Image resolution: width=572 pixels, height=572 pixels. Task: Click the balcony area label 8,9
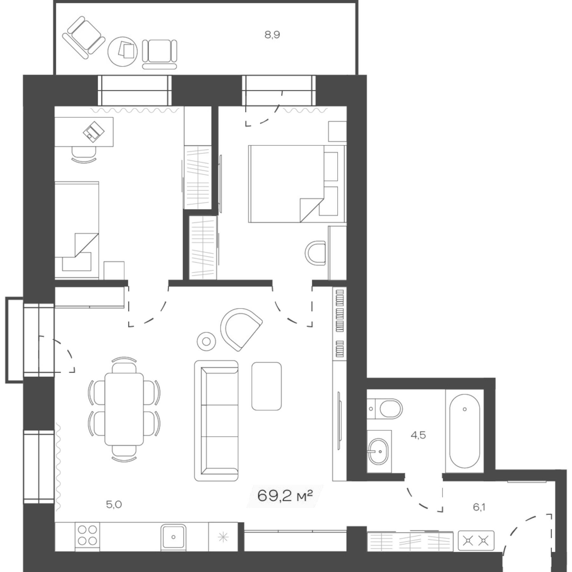[x=272, y=34]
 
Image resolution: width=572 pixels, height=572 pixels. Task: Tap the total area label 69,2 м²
[x=285, y=496]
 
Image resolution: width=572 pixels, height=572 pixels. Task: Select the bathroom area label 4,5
[x=418, y=435]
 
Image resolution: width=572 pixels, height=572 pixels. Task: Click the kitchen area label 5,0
[x=114, y=504]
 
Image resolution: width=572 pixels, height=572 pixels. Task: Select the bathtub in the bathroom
[x=464, y=431]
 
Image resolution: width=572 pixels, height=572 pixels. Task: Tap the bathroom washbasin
[x=378, y=451]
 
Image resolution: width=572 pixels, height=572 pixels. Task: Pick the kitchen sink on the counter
[x=173, y=537]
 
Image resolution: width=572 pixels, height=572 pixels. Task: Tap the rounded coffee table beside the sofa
[x=266, y=386]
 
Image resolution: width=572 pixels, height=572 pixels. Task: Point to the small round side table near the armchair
[x=206, y=342]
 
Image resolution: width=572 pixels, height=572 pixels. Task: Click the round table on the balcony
[x=123, y=51]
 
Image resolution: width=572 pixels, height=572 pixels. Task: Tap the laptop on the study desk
[x=93, y=132]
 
